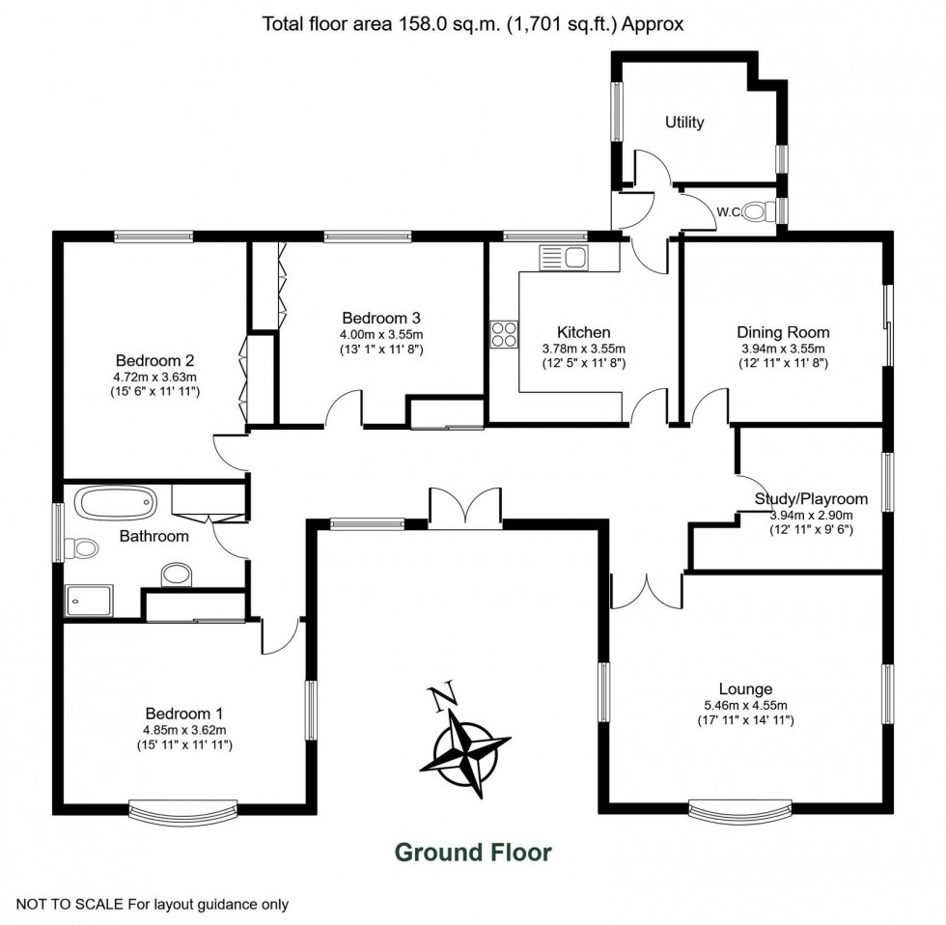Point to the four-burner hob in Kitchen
pyautogui.click(x=503, y=333)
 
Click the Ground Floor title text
pyautogui.click(x=473, y=852)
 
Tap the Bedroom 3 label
pyautogui.click(x=381, y=318)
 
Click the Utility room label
pyautogui.click(x=684, y=123)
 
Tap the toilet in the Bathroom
pyautogui.click(x=84, y=548)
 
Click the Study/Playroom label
pyautogui.click(x=811, y=499)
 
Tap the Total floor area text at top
pyautogui.click(x=473, y=24)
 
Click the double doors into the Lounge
pyautogui.click(x=645, y=589)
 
